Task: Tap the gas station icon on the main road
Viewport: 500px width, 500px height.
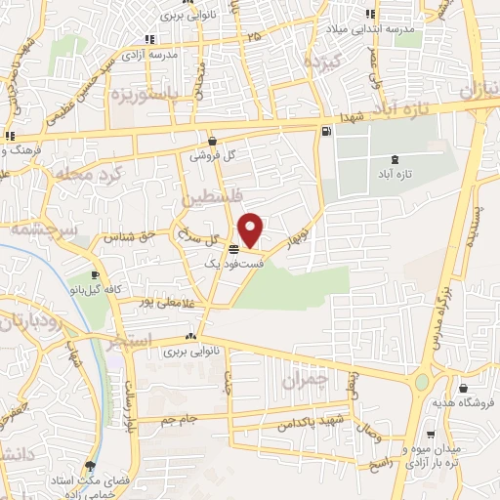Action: click(324, 132)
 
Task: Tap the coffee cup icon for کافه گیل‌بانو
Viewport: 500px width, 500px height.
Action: click(95, 275)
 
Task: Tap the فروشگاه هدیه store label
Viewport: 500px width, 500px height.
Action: click(462, 402)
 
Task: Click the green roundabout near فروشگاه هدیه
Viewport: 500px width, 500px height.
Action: click(422, 383)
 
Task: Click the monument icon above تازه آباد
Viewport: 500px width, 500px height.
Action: click(394, 158)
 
